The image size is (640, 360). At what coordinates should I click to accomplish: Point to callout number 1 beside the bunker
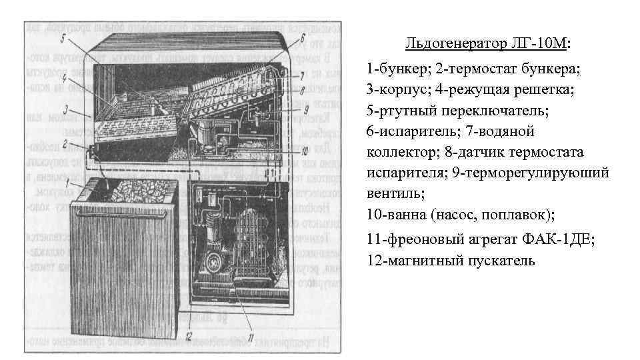81,181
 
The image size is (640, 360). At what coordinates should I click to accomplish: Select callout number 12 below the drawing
189,335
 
